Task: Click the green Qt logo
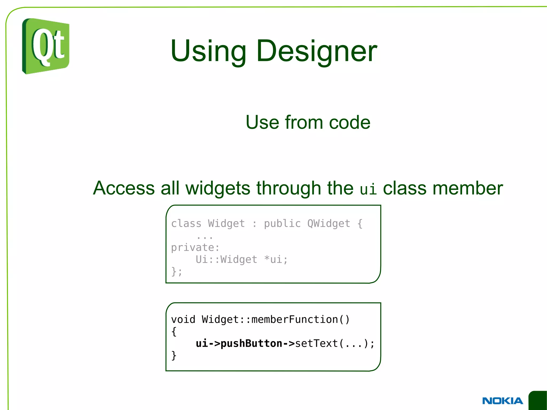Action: [x=46, y=46]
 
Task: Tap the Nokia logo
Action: [x=502, y=401]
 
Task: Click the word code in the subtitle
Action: [x=350, y=122]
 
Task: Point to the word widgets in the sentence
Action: [x=218, y=188]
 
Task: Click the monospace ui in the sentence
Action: [x=368, y=189]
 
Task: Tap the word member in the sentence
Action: [x=468, y=188]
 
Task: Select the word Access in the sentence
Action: [x=124, y=188]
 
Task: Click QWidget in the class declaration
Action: [x=329, y=224]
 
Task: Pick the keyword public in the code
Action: [x=282, y=224]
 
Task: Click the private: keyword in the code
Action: [x=195, y=248]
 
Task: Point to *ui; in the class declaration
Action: [x=276, y=259]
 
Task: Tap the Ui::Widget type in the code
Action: [x=226, y=259]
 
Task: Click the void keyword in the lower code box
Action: [x=183, y=319]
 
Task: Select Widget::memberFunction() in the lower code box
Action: [x=276, y=319]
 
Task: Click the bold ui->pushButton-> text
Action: [x=245, y=343]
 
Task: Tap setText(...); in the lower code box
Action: [x=335, y=343]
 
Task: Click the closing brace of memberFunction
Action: [x=174, y=356]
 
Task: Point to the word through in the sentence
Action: [x=289, y=188]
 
